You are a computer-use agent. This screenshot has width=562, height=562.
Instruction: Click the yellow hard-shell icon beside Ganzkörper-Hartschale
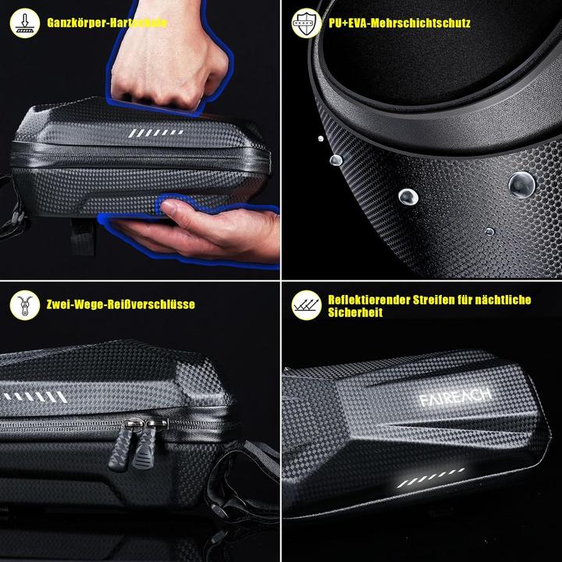click(24, 23)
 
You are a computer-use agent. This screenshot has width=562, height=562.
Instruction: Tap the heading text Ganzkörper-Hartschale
click(106, 23)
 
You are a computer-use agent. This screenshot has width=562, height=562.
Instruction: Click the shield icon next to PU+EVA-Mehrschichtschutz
click(305, 23)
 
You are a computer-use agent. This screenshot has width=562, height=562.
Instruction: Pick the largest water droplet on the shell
click(521, 184)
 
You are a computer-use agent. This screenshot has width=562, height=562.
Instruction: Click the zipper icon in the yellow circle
click(24, 304)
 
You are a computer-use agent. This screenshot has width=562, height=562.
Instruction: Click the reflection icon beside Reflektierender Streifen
click(305, 304)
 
